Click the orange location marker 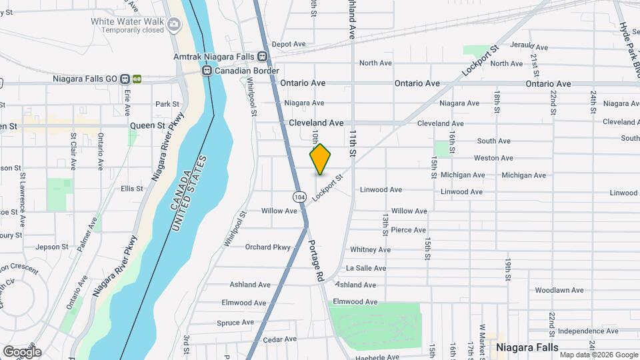tap(321, 159)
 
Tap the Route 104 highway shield tap(300, 197)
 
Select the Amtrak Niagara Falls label tap(215, 57)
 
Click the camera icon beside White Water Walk tap(175, 25)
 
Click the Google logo tap(21, 351)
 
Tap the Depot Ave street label tap(288, 44)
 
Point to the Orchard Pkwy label tap(268, 247)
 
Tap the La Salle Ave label tap(366, 268)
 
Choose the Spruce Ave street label tap(235, 322)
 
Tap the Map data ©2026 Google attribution tap(598, 355)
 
